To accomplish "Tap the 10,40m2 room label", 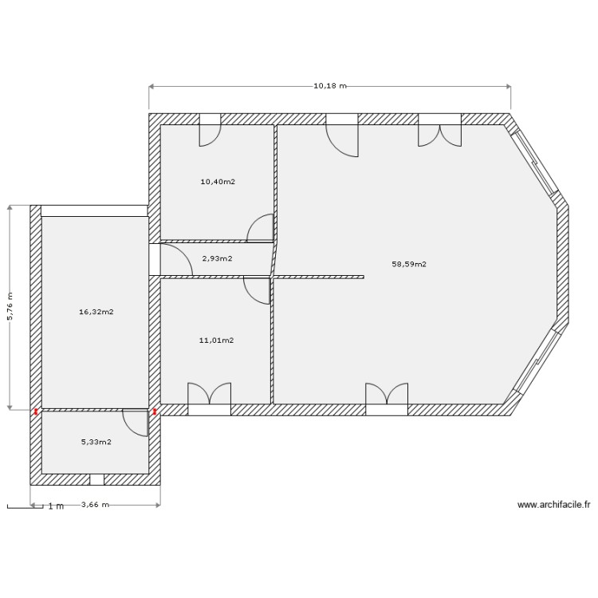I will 218,182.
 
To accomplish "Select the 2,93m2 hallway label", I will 217,258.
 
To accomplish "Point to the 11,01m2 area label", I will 216,340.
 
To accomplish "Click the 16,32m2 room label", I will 96,313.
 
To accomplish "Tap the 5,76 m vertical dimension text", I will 10,307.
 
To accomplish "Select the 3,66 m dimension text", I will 96,505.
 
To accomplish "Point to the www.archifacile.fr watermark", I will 553,505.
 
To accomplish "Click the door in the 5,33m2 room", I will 136,423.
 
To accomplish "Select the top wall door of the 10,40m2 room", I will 210,131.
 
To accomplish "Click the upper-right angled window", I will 536,163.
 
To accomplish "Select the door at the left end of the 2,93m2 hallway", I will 169,258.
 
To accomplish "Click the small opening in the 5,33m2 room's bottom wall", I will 96,480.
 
